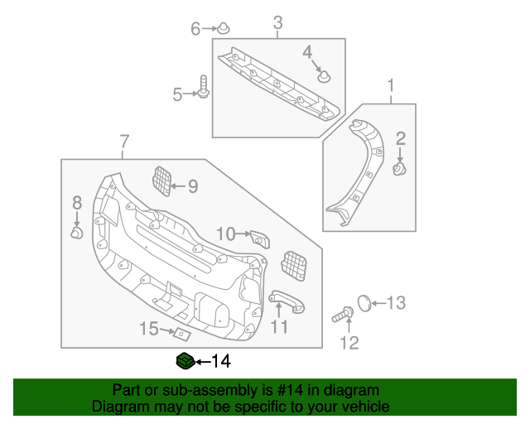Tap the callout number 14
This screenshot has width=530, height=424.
coord(221,361)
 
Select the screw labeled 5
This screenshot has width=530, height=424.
coord(203,86)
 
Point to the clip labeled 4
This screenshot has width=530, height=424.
coord(324,77)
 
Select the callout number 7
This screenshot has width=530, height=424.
coord(124,142)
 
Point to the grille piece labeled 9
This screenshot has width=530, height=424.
coord(162,181)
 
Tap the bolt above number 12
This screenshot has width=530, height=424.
coord(344,314)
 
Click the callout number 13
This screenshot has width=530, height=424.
coord(397,303)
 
